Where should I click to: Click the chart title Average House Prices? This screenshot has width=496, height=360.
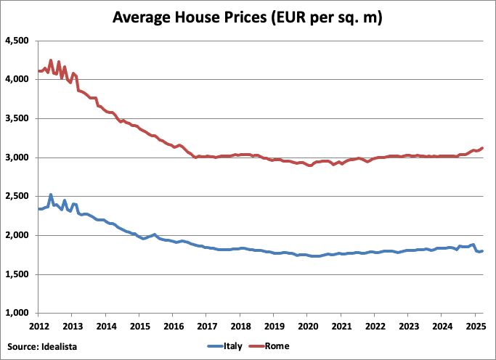pyautogui.click(x=248, y=17)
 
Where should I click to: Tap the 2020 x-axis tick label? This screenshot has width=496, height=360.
pyautogui.click(x=307, y=326)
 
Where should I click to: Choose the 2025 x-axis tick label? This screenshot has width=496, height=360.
pyautogui.click(x=475, y=326)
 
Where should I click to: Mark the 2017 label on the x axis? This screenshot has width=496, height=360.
pyautogui.click(x=206, y=326)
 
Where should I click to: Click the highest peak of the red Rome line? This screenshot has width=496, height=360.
pyautogui.click(x=50, y=61)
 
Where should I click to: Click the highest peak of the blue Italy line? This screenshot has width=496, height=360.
pyautogui.click(x=50, y=195)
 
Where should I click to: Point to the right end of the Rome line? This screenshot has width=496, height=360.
pyautogui.click(x=482, y=148)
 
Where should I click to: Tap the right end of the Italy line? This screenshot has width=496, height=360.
pyautogui.click(x=482, y=251)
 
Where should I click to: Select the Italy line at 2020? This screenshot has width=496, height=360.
pyautogui.click(x=307, y=255)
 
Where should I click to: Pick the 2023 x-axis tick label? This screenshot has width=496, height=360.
pyautogui.click(x=408, y=326)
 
